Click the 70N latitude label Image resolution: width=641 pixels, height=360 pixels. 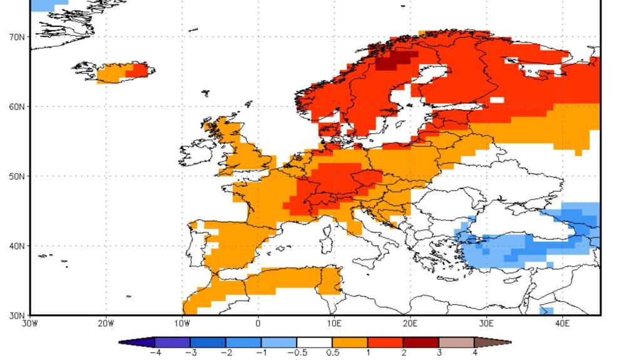coord(17,37)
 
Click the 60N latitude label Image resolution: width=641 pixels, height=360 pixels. coord(17,106)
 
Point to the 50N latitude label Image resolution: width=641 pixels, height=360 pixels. coord(17,176)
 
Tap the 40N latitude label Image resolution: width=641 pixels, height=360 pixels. coord(17,246)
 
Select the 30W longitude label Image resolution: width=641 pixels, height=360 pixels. coord(29,324)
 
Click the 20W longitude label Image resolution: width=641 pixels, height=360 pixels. coord(106,324)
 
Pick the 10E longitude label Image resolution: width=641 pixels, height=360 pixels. coord(334,324)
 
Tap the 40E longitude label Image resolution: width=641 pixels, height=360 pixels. coord(563,324)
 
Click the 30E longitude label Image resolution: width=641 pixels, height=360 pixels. coord(486,324)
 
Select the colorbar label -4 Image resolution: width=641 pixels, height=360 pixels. coord(154,353)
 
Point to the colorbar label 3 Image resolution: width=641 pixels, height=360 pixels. coord(439,353)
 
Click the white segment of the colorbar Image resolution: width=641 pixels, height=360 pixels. coord(314,342)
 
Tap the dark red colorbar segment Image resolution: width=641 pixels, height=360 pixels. coord(421,342)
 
